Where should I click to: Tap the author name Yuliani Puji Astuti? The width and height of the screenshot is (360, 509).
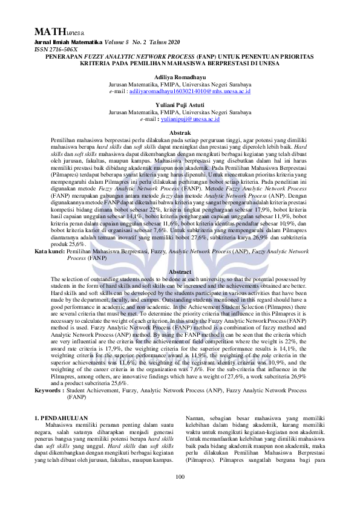coord(180,105)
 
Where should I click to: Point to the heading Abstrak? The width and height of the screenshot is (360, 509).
coord(179,132)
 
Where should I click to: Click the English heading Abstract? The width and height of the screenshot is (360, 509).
coord(179,272)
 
